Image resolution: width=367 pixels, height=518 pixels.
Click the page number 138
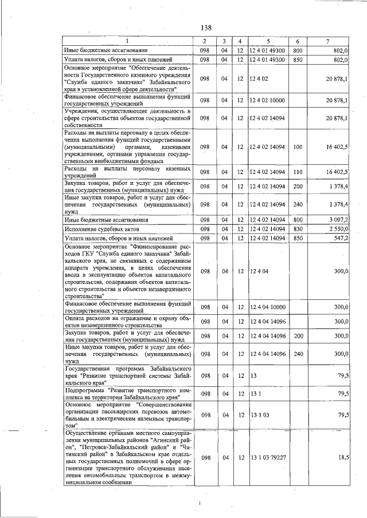206,27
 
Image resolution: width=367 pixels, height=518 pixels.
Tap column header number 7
327,41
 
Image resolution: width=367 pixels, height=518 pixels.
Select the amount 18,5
342,457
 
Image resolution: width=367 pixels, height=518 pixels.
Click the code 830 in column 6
298,229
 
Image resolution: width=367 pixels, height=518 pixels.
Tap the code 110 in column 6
298,172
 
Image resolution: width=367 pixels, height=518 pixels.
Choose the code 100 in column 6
298,147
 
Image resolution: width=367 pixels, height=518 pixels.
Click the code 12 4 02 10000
268,101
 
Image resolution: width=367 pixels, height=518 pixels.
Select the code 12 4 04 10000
268,307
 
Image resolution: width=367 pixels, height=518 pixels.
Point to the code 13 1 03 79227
268,457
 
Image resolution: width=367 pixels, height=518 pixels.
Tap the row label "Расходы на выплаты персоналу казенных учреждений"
127,172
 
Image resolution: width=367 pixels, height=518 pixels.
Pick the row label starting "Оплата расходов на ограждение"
127,321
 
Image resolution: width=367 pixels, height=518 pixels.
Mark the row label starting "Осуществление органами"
127,458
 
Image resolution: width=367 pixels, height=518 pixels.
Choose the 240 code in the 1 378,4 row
298,204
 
